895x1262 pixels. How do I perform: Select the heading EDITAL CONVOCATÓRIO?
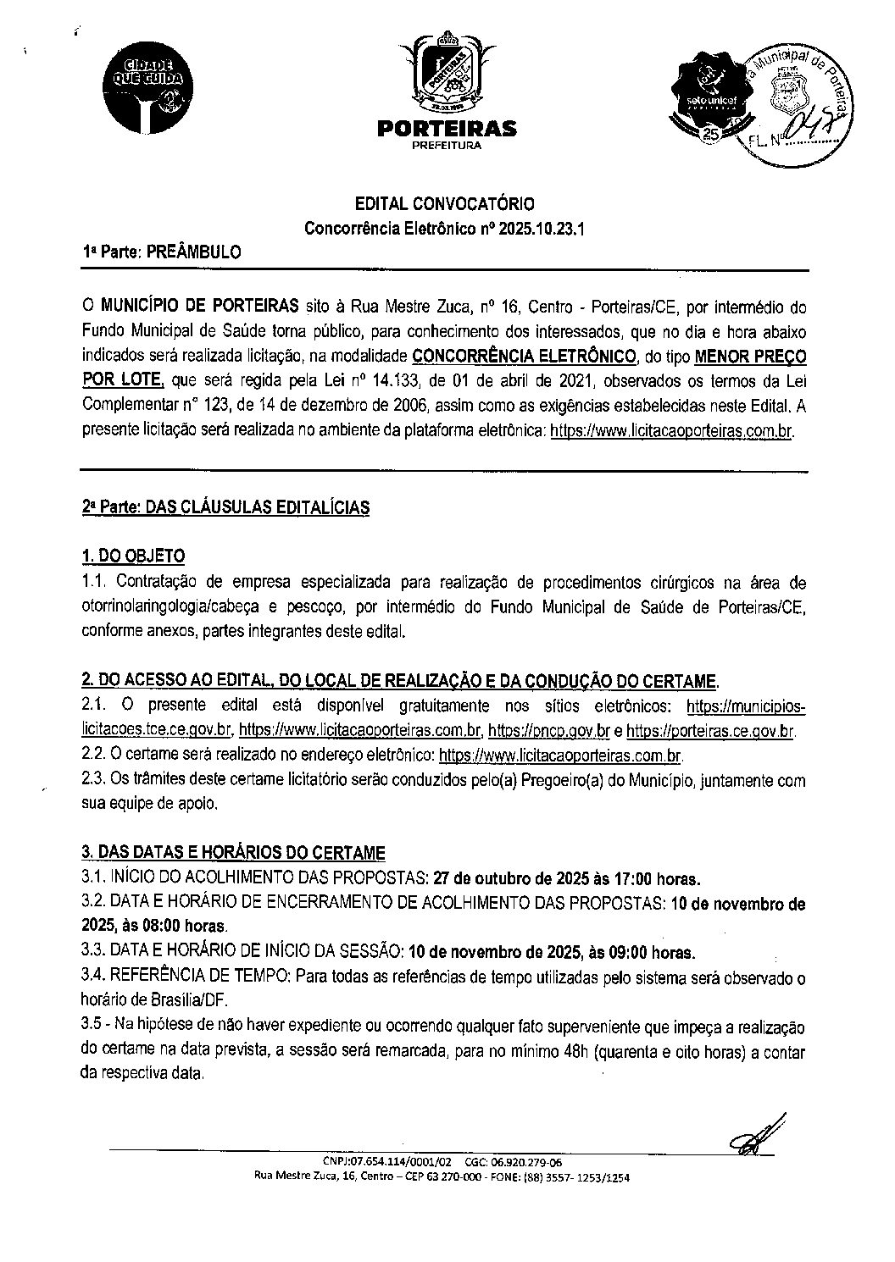pos(444,203)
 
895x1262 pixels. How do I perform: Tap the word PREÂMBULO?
pos(193,252)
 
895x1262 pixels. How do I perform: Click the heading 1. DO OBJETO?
pos(132,556)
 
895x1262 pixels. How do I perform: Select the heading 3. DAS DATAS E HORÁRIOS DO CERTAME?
pos(233,851)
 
